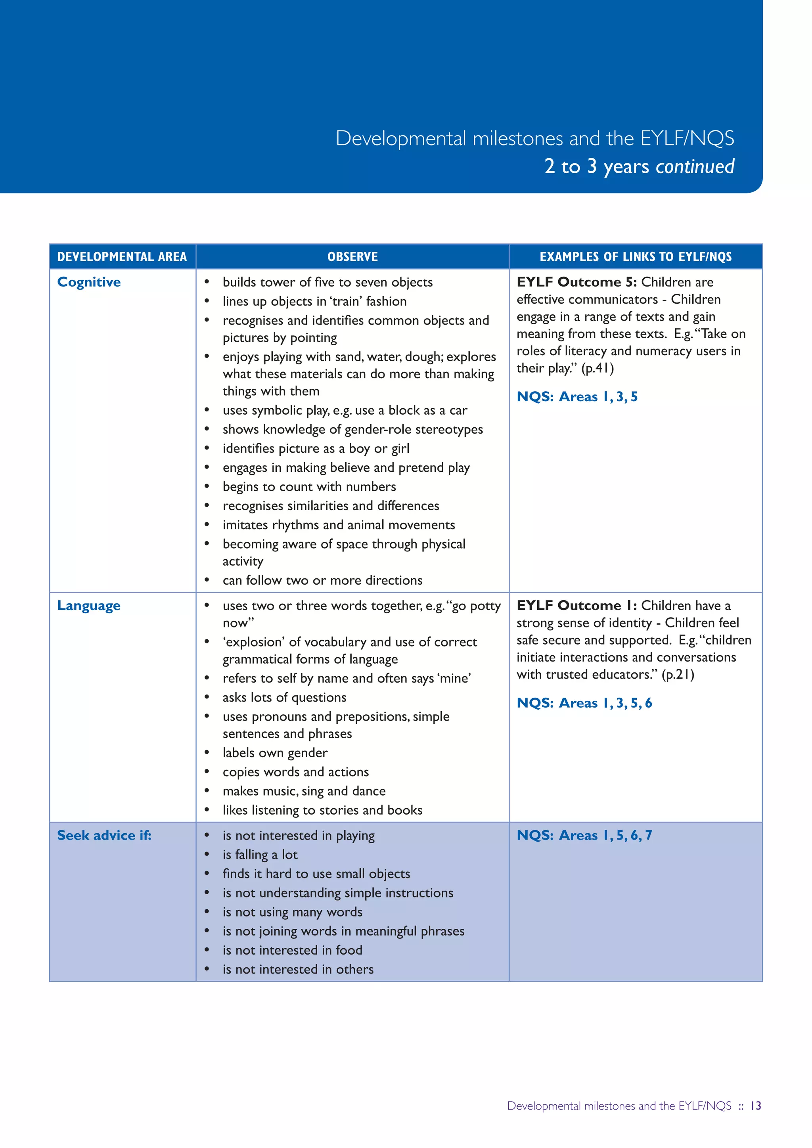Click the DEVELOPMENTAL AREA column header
point(122,257)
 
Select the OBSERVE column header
point(352,257)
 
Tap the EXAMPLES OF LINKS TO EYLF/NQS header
point(636,257)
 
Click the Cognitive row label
point(89,283)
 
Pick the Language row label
point(88,606)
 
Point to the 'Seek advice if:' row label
point(104,836)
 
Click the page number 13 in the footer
point(755,1106)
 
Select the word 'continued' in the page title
point(695,166)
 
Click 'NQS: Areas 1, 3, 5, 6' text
point(584,703)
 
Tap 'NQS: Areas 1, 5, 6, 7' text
point(584,836)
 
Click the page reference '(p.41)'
point(597,369)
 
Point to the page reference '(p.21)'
point(678,675)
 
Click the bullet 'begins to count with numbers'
point(309,487)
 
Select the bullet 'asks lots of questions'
point(284,698)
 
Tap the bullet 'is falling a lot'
point(260,855)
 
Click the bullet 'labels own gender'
point(275,753)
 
